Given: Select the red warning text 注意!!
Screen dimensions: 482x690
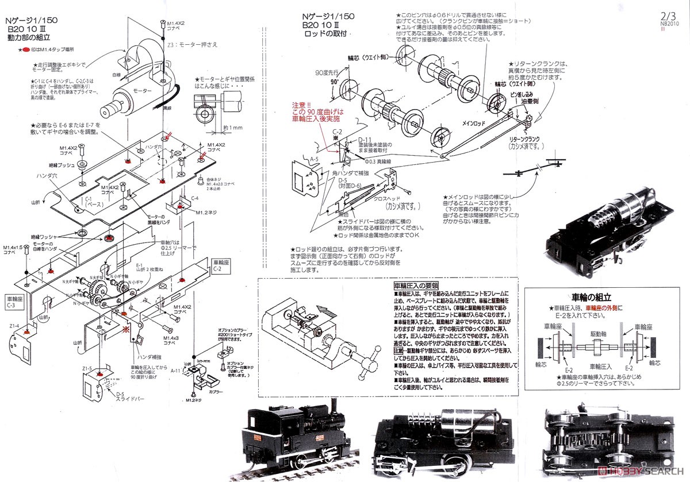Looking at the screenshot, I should click(300, 105).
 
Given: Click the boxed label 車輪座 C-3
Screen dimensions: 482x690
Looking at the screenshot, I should click(15, 302).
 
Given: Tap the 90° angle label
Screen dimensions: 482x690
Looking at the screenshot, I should click(331, 83).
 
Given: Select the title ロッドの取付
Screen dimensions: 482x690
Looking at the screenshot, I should click(327, 34).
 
